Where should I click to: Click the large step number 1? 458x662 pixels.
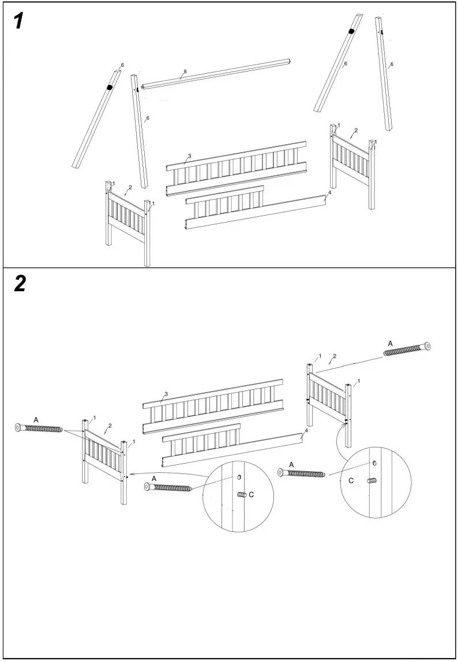pyautogui.click(x=18, y=21)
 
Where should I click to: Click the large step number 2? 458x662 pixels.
pyautogui.click(x=20, y=283)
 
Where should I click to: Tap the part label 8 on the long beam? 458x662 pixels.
pyautogui.click(x=185, y=72)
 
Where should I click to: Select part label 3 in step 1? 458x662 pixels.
pyautogui.click(x=189, y=156)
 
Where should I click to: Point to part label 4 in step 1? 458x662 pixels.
pyautogui.click(x=329, y=192)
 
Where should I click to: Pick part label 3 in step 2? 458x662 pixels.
pyautogui.click(x=166, y=394)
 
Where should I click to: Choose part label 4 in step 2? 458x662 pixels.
pyautogui.click(x=306, y=431)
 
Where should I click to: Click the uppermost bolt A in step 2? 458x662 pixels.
pyautogui.click(x=407, y=349)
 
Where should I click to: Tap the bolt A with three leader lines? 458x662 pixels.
pyautogui.click(x=39, y=428)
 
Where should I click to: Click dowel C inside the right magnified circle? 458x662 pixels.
pyautogui.click(x=372, y=480)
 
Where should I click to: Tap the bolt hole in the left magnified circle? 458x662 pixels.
pyautogui.click(x=238, y=477)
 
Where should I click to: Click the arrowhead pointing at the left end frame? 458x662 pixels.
pyautogui.click(x=129, y=474)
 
